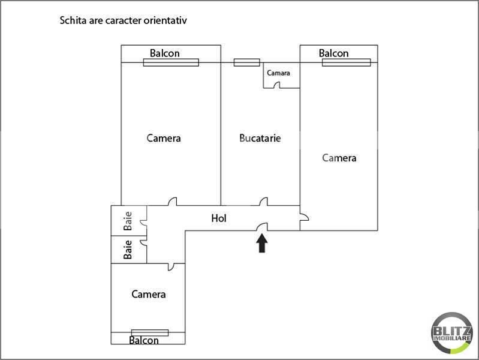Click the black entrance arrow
tap(262, 244)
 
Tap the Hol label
tap(219, 218)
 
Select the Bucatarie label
tap(260, 138)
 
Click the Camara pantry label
tap(278, 73)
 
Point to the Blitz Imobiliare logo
tap(452, 333)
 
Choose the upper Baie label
tap(128, 221)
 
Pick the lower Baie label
tap(128, 250)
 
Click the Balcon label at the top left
tap(165, 53)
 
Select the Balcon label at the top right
tap(333, 53)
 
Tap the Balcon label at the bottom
tap(144, 340)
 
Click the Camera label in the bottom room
tap(149, 294)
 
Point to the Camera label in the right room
tap(339, 158)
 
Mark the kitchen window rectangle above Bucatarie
tap(247, 62)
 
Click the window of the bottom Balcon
tap(150, 332)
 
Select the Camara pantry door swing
tap(277, 85)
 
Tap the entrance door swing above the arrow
tap(262, 227)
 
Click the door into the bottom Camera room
tap(171, 267)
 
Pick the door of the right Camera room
tap(305, 217)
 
